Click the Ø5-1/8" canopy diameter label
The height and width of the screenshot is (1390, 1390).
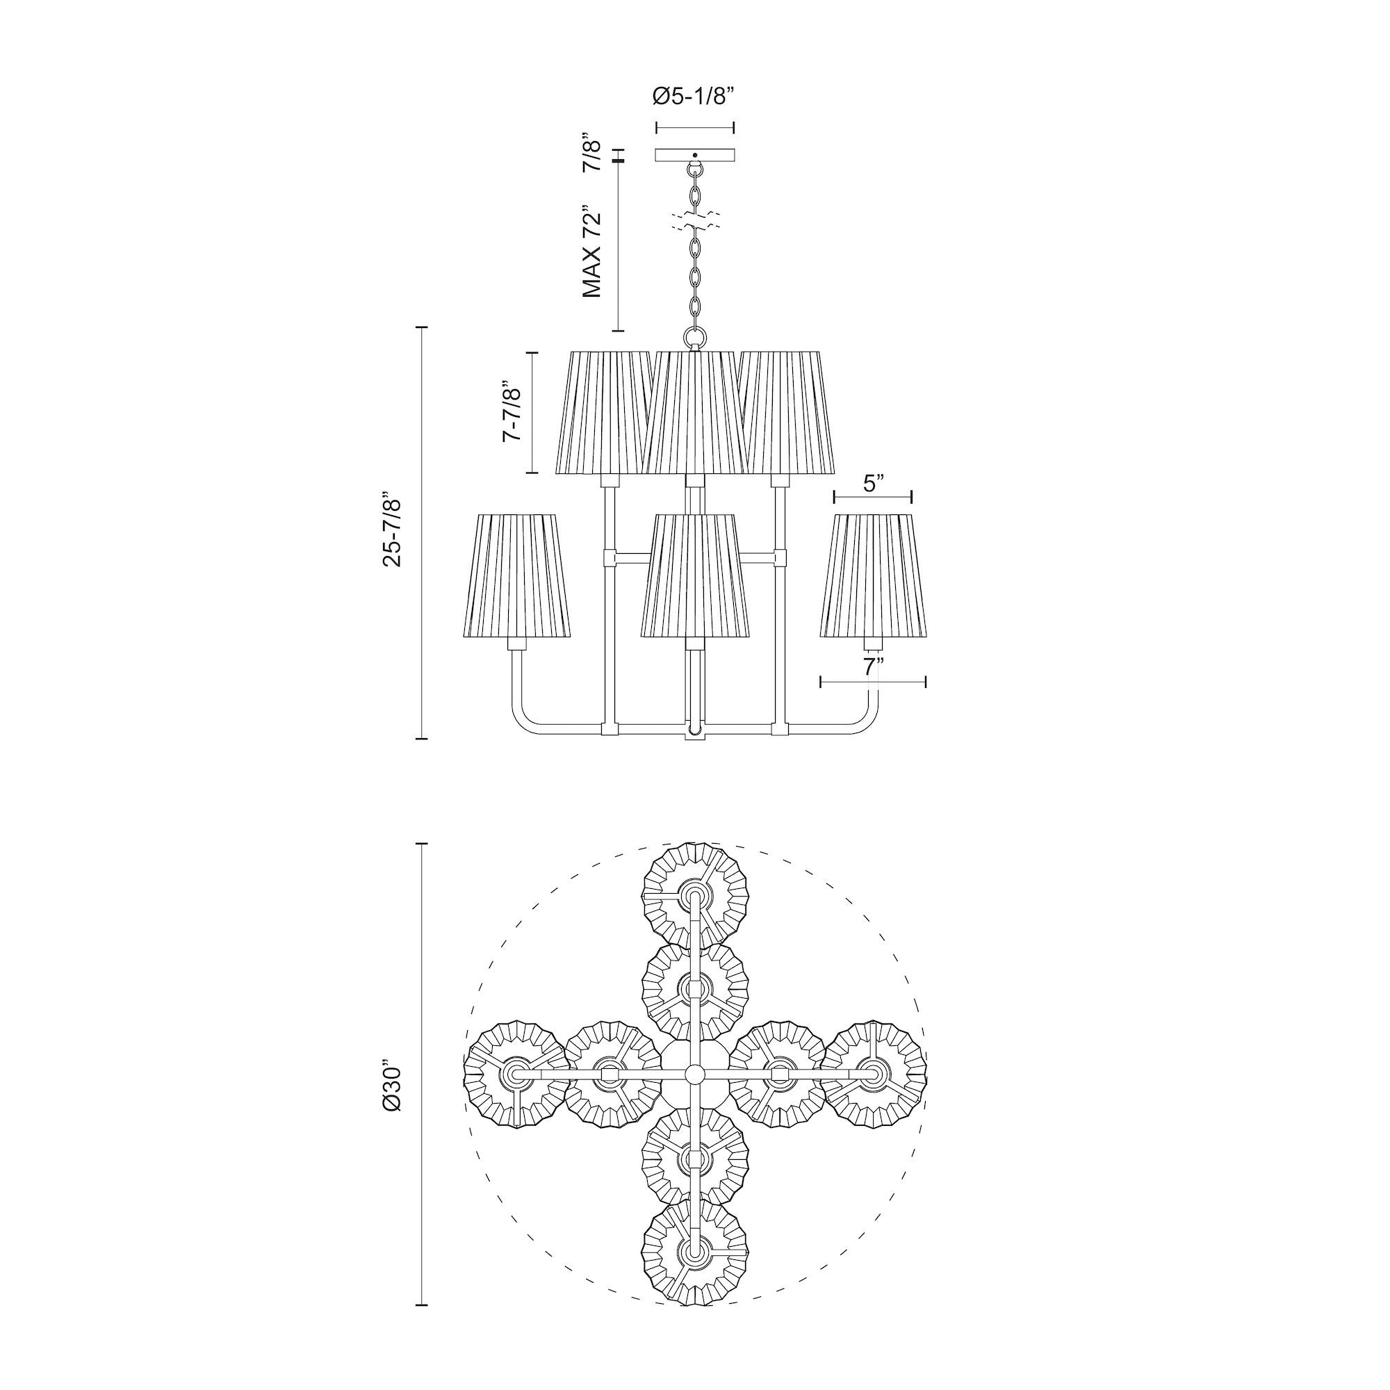pos(694,97)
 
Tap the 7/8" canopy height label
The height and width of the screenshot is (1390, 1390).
pos(592,152)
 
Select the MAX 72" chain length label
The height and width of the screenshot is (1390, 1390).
pos(592,252)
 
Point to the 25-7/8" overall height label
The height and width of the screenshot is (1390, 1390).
pos(393,531)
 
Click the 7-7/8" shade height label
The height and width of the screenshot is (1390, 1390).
pos(512,411)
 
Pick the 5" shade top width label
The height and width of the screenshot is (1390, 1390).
pos(872,484)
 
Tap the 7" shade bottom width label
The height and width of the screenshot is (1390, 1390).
pos(872,667)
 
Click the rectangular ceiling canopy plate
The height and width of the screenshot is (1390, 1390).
pos(694,155)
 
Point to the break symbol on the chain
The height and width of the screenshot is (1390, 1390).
pos(694,221)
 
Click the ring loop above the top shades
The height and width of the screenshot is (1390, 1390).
pos(694,338)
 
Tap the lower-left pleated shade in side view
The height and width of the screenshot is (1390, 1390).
pos(514,575)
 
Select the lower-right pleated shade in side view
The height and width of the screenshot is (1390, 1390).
pos(873,575)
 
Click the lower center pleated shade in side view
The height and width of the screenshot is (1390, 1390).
pos(695,575)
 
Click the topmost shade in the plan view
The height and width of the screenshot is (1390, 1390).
pos(695,897)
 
